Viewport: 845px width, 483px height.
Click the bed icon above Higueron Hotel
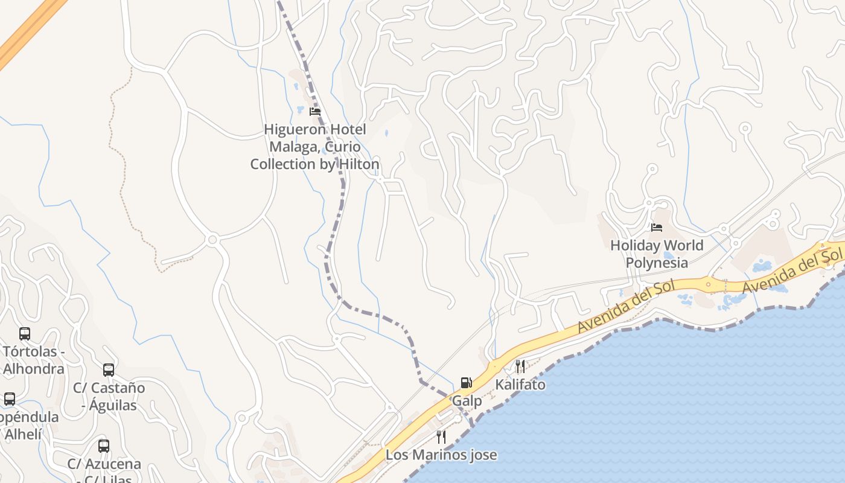(x=314, y=112)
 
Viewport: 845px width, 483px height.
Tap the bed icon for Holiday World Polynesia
(x=657, y=228)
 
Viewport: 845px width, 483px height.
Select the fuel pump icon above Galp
(x=466, y=382)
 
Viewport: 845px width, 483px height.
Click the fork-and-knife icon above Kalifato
(x=520, y=366)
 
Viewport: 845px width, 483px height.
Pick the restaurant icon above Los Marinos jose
(x=441, y=437)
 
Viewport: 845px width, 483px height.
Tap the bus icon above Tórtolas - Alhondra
(x=25, y=334)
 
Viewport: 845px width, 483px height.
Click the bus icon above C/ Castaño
(x=109, y=370)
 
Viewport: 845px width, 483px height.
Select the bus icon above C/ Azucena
(x=104, y=446)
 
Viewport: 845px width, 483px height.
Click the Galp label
(x=467, y=401)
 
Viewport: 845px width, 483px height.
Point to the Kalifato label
(x=520, y=385)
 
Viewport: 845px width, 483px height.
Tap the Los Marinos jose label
(x=441, y=455)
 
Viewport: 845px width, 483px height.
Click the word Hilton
(x=359, y=164)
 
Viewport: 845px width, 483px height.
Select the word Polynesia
(x=657, y=263)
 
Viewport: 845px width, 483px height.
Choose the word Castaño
(x=118, y=388)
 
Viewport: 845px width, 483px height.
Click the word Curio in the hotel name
(x=342, y=147)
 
